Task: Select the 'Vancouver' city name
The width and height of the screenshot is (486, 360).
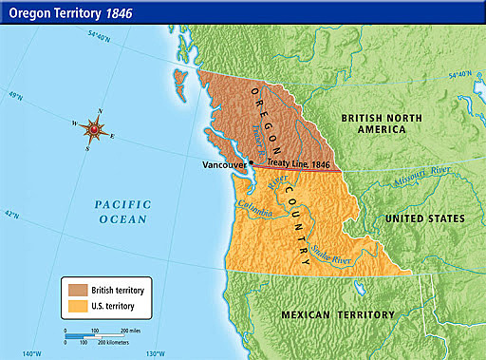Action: pos(225,165)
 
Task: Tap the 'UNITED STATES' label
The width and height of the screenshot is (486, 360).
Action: pos(424,218)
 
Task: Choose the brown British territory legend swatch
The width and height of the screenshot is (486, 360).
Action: pos(77,288)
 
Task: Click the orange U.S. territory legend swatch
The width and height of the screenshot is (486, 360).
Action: pos(77,306)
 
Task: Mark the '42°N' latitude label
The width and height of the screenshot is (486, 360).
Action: pos(13,215)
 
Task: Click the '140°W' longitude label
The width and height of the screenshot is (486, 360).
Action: pos(32,353)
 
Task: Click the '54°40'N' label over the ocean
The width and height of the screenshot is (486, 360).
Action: pos(98,38)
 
